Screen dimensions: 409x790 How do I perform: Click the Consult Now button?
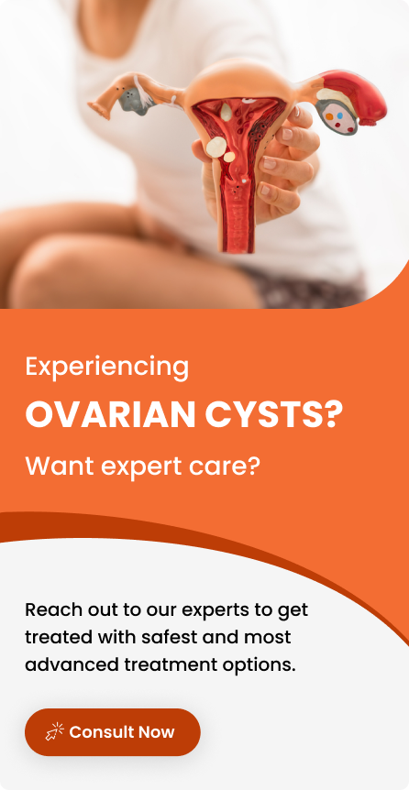113,731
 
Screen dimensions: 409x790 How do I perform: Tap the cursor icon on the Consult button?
54,731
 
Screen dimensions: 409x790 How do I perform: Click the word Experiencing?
107,368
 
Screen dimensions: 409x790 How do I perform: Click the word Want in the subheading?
59,466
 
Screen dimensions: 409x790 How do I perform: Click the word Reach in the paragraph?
53,609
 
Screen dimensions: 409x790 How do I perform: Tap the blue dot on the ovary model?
339,115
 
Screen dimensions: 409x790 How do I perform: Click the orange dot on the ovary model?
329,116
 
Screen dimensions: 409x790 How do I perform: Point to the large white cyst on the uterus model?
216,147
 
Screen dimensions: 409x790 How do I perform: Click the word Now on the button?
156,732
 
